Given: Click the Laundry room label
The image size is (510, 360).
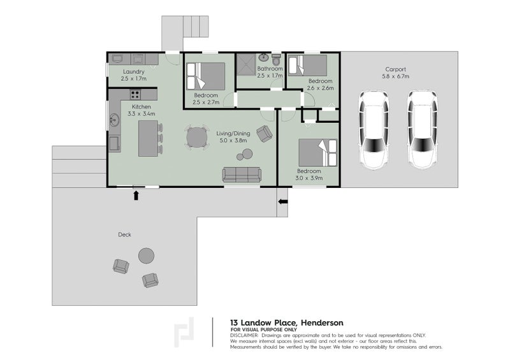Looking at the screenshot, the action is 134,71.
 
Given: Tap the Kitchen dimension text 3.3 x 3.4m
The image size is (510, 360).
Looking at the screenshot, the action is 141,114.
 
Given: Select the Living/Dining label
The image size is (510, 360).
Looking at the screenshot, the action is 233,133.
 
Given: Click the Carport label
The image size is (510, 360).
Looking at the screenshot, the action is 395,69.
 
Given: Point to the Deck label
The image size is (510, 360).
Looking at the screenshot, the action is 124,234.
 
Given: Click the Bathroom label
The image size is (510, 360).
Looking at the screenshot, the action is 270,69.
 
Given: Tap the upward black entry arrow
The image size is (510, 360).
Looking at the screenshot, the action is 136,195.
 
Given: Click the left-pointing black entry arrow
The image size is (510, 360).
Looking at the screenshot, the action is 283,201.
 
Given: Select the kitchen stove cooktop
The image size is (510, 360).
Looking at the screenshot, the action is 135,95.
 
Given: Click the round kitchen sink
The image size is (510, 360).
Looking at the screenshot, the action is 114,120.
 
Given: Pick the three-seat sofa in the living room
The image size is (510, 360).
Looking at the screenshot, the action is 242,175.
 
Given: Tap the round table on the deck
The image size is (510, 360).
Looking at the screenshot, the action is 147,256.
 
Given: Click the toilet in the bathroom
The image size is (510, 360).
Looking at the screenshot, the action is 276,59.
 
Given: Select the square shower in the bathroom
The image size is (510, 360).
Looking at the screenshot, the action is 246,65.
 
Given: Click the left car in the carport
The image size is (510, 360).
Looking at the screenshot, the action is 374,130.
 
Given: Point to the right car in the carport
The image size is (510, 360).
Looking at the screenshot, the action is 422,129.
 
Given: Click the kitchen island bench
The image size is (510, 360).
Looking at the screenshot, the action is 149,138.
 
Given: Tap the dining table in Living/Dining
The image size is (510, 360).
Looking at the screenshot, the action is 197,137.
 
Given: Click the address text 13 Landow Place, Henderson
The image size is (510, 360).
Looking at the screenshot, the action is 286,323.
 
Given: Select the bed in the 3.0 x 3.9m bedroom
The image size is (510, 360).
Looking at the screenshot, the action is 317,153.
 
